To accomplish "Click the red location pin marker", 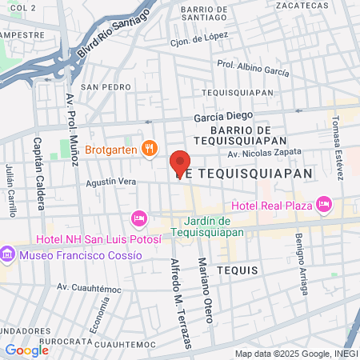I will [x=181, y=163].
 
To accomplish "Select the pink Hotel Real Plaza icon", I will [x=324, y=205].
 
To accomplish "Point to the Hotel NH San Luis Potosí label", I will [x=98, y=239].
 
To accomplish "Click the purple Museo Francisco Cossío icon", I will [x=8, y=254].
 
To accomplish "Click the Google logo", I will [x=26, y=350].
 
